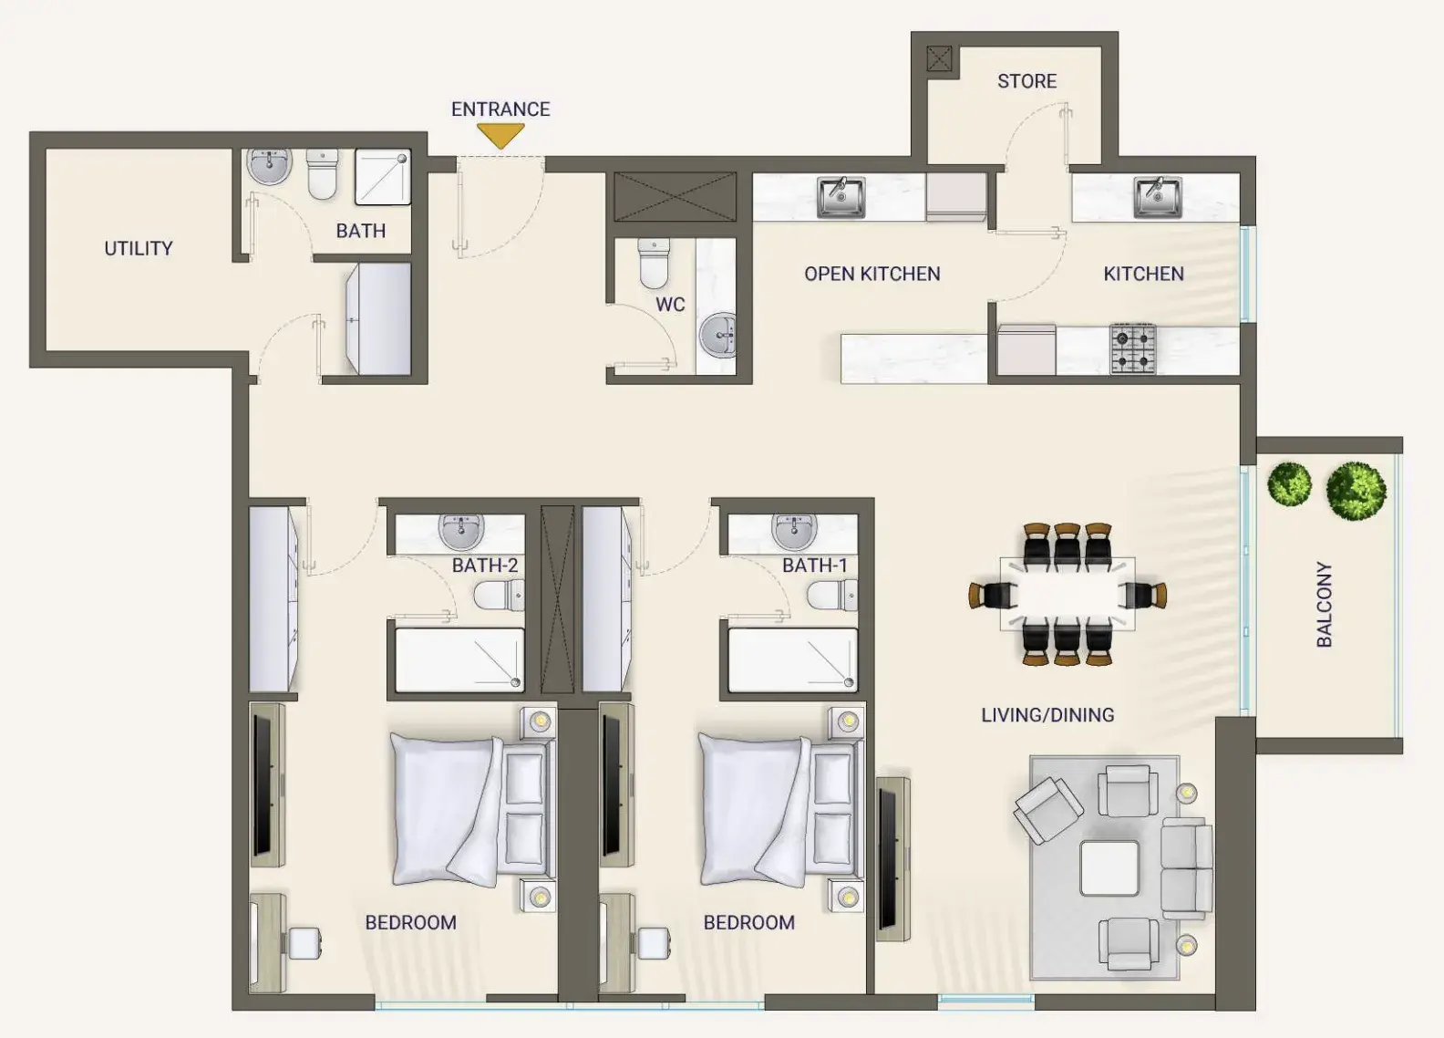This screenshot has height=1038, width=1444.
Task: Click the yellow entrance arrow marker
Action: pos(500,136)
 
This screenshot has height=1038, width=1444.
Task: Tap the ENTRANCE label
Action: pos(500,109)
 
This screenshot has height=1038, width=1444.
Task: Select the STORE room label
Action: pos(1026,81)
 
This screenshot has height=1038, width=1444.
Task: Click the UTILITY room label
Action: pos(139,248)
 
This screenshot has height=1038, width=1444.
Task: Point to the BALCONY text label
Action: pos(1324,604)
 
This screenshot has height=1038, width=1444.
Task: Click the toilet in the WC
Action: pos(654,264)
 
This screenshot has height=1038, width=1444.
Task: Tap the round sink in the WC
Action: pos(717,335)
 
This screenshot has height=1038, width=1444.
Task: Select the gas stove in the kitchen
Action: pos(1132,349)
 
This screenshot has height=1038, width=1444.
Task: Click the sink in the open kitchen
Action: pos(841,197)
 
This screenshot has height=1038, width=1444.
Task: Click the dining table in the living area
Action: pos(1068,594)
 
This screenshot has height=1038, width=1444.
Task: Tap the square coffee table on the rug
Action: pos(1109,868)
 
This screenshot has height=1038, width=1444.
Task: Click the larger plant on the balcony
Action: pos(1356,491)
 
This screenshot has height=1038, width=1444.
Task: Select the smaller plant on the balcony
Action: pos(1289,483)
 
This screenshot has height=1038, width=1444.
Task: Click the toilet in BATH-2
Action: pos(499,595)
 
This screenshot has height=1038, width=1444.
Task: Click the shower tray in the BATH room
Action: pos(383,177)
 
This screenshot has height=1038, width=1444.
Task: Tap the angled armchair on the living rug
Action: pos(1048,810)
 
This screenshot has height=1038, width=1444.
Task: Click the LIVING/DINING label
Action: pos(1047,715)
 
